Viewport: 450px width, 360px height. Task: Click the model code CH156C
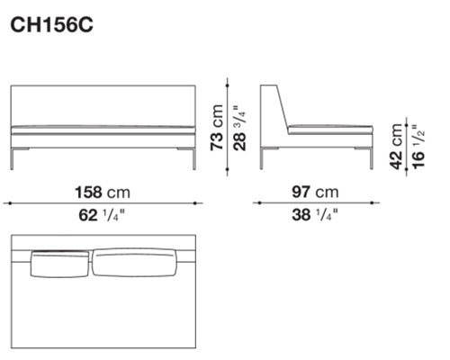coord(51,25)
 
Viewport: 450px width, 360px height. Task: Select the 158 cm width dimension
coord(103,193)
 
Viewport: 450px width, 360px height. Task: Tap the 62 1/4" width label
coord(102,215)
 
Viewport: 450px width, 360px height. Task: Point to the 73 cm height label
coord(217,128)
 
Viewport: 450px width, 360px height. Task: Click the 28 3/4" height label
coord(239,128)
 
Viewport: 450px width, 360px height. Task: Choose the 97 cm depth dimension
coord(315,192)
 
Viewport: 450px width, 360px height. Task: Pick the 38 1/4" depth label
coord(315,215)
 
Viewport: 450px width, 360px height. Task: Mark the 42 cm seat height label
coord(396,147)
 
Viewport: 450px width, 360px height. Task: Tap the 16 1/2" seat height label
coord(418,147)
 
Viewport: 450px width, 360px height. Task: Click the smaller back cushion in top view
coord(60,264)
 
